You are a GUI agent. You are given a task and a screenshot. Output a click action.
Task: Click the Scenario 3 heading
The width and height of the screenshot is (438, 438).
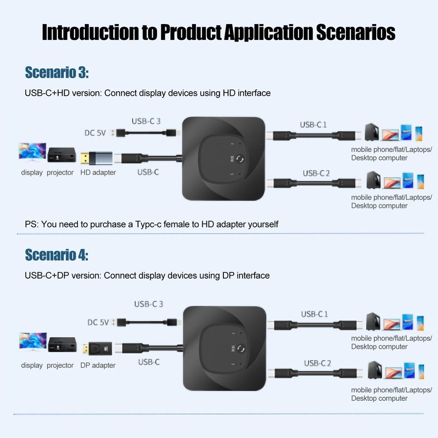pos(57,73)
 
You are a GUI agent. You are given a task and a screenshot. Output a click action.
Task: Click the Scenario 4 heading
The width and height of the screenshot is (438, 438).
pos(56,255)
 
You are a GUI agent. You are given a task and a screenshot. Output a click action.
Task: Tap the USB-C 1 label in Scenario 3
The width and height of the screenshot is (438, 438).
pos(313,125)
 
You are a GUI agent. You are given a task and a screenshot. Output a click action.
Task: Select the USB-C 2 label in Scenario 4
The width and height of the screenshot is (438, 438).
pos(318,362)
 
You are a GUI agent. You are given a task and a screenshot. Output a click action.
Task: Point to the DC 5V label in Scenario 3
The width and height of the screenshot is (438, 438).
pos(96,132)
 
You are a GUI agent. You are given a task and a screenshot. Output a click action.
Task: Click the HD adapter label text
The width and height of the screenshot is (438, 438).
pos(98,173)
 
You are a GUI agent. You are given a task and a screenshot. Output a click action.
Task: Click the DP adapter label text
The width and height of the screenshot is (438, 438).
pos(98,365)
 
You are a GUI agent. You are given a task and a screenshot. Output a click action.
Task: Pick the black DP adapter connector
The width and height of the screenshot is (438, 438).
pos(96,348)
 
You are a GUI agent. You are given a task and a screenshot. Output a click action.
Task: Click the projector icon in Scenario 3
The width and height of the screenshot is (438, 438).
pos(60,154)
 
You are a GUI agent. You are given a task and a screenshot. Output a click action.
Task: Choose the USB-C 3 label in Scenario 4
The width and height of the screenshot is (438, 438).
pos(148,304)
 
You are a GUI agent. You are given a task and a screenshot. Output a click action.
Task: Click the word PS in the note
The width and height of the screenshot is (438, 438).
pos(31,224)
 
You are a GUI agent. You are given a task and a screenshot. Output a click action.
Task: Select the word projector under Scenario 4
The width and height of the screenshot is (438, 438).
pos(60,365)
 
